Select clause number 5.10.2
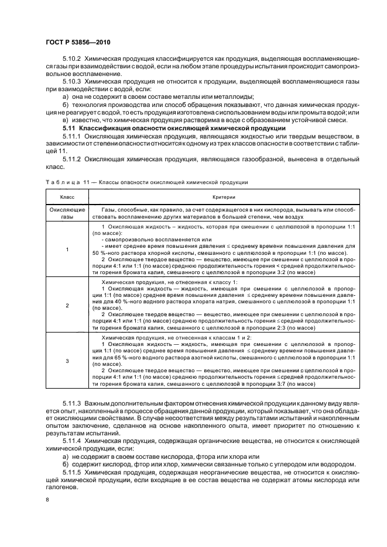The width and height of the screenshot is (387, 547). pos(73,59)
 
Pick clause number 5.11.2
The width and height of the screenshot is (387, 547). pos(73,158)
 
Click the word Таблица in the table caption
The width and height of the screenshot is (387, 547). pos(61,182)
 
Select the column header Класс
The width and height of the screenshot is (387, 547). pos(67,198)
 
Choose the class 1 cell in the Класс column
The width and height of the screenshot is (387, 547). pos(67,250)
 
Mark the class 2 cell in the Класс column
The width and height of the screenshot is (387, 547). pos(67,306)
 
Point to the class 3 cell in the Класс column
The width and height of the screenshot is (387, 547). pos(67,361)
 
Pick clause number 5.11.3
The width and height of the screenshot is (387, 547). pos(73,404)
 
